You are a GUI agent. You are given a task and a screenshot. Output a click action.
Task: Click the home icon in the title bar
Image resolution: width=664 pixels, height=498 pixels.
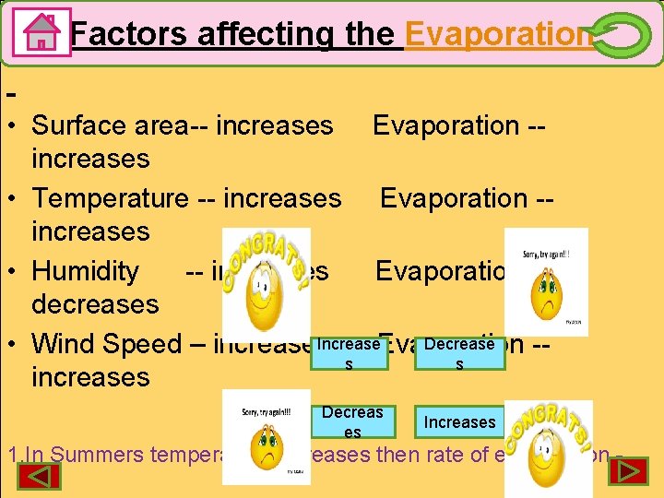pos(41,32)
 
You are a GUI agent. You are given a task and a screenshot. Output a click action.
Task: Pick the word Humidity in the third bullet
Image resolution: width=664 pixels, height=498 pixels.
pos(85,271)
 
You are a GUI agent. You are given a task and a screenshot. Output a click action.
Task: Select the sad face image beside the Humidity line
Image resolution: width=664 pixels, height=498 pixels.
pos(545,282)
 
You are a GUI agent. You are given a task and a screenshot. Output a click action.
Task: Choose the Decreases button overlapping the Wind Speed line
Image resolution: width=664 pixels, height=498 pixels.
pos(459,352)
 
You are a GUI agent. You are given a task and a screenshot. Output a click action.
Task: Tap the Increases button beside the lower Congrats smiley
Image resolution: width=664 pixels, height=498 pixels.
pos(458,422)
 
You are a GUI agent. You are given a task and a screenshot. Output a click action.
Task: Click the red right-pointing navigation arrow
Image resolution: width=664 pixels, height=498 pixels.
pos(631,472)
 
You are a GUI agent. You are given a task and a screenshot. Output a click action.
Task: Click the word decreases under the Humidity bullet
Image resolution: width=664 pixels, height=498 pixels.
pos(95,304)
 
